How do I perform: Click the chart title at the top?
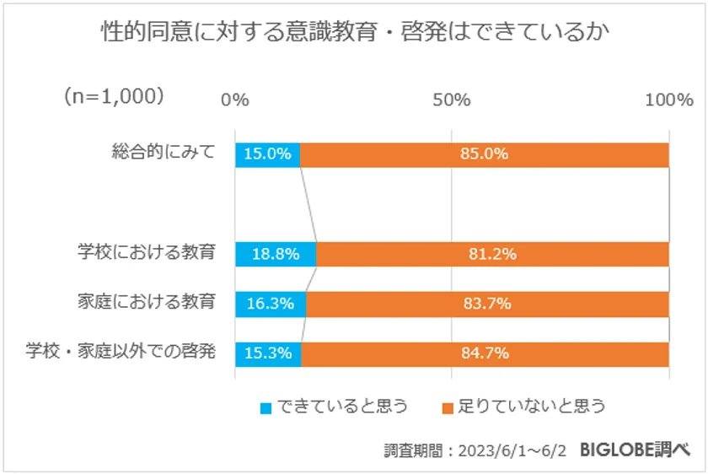tap(354, 35)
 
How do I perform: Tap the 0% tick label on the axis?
tap(235, 100)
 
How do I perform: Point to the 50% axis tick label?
tap(451, 100)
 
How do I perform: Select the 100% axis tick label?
tap(668, 100)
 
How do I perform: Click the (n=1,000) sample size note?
tap(113, 96)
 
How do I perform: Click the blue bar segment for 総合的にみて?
tap(267, 154)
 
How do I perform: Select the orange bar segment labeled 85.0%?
tap(484, 154)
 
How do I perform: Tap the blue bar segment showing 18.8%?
tap(276, 254)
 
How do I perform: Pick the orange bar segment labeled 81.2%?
tap(492, 254)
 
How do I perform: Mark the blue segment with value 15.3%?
tap(268, 353)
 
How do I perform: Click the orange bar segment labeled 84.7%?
tap(485, 353)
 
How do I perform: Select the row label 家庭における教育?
tap(145, 301)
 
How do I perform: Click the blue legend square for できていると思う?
tap(266, 407)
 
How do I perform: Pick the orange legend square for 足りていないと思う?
tap(448, 407)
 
